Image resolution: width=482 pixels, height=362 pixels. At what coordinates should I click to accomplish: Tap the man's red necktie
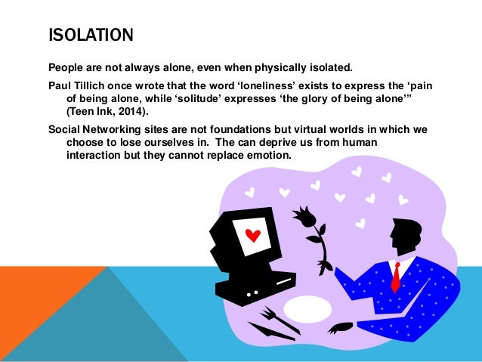[x=395, y=277]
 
